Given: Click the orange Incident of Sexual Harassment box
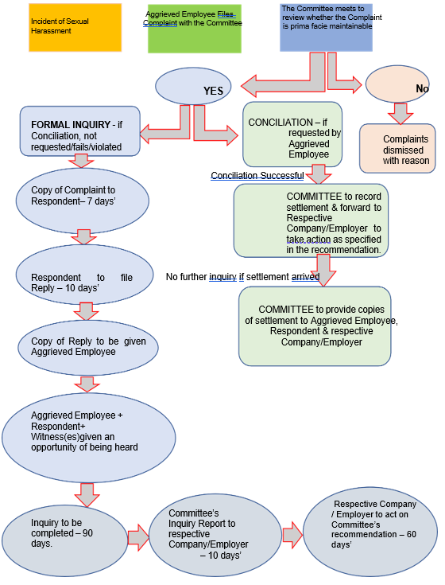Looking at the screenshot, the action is click(x=75, y=28).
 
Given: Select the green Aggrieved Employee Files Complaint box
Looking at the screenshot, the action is click(x=195, y=29).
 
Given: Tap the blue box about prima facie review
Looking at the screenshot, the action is click(x=327, y=28).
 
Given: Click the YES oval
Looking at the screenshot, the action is click(x=193, y=87).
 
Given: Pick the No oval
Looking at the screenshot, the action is click(x=397, y=84).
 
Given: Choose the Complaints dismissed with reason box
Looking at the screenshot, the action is click(x=397, y=149).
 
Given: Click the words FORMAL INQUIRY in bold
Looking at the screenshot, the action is click(x=71, y=125).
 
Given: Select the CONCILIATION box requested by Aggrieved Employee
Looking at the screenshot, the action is click(x=292, y=135).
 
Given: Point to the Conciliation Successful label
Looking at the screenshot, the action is click(x=257, y=175).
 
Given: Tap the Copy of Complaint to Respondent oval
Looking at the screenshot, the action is click(x=83, y=201).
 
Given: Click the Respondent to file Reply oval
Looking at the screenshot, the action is click(x=84, y=275).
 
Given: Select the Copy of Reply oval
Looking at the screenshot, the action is click(x=88, y=348).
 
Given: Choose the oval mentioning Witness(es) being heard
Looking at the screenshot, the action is click(x=89, y=438).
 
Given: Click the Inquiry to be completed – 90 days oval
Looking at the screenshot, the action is click(x=65, y=541).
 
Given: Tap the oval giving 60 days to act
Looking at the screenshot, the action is click(x=370, y=532).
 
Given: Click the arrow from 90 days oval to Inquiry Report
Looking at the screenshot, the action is click(x=138, y=537).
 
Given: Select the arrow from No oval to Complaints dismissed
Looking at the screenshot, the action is click(x=400, y=113).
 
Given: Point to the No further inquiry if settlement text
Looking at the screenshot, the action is click(x=243, y=277).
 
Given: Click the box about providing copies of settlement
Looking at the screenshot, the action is click(x=315, y=326).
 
